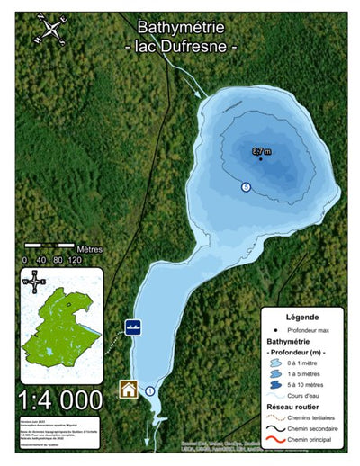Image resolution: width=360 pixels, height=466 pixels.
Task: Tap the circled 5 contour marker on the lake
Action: tap(246, 186)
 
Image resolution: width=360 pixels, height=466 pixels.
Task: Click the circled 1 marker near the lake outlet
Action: tap(150, 390)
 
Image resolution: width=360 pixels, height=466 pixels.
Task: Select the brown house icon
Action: tap(130, 390)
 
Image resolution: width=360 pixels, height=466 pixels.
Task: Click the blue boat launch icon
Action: tap(132, 327)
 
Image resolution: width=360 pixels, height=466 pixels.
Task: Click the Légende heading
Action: tap(301, 318)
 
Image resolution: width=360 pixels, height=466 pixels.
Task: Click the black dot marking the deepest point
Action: tap(261, 158)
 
